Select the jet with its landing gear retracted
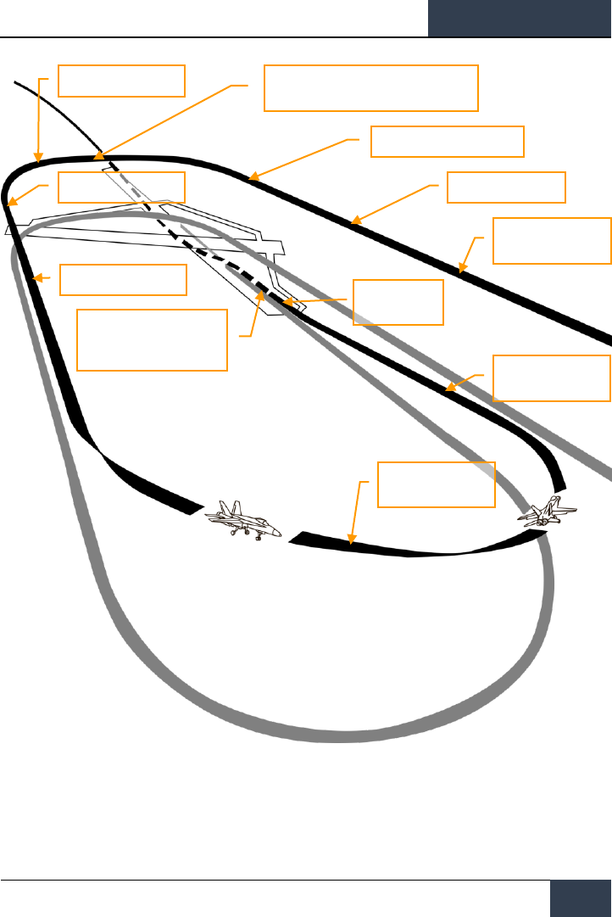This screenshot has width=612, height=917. pos(548,514)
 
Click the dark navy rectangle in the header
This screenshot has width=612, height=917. pos(520,18)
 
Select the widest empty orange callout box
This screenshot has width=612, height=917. pos(371,87)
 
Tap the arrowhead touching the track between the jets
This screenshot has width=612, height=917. pos(351,540)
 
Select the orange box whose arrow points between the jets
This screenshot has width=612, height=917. pos(436,484)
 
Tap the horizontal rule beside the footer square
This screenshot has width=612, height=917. pos(271,880)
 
